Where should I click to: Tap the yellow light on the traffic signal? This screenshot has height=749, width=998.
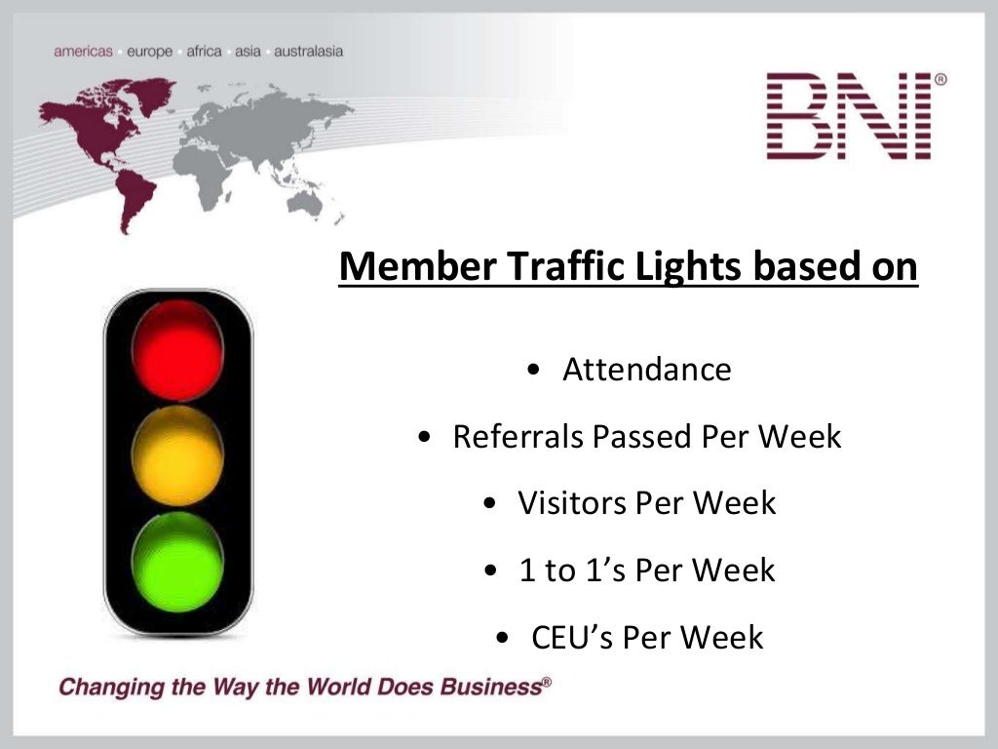177,455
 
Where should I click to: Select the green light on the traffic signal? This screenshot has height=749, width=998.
177,563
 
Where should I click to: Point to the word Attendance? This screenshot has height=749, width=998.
646,371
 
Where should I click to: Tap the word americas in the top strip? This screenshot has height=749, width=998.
84,51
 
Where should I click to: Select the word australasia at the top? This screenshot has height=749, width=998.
309,51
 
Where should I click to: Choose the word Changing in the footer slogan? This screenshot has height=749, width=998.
103,687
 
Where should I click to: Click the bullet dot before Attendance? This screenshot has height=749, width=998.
532,372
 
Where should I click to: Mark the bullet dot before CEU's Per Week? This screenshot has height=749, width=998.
501,639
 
